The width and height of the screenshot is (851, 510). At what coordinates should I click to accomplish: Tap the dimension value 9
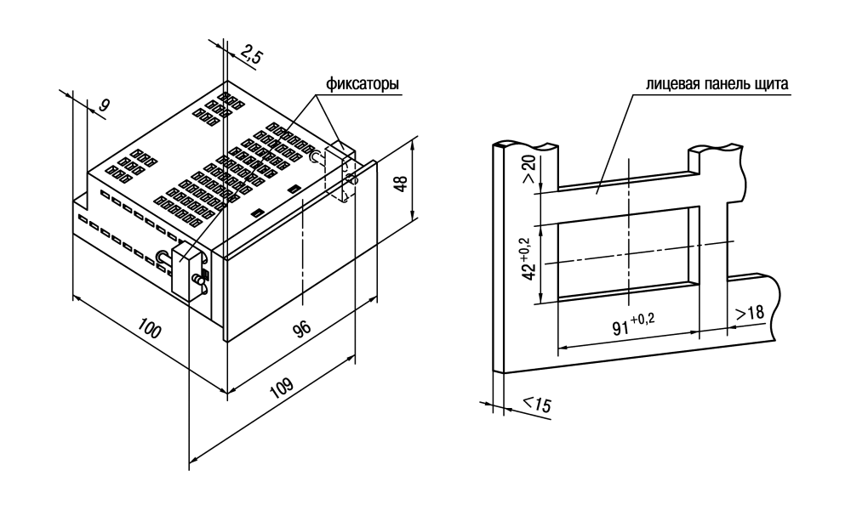pos(103,105)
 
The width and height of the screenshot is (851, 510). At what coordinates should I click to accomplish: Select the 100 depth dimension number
pos(149,328)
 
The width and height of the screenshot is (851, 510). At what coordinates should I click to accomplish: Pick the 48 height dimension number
pos(401,184)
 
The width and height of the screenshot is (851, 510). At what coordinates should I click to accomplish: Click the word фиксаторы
pos(363,84)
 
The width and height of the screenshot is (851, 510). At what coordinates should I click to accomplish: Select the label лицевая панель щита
pos(717,84)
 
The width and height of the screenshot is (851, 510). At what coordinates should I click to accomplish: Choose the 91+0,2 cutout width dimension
pos(633,323)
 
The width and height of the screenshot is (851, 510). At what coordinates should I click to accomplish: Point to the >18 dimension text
pos(750,314)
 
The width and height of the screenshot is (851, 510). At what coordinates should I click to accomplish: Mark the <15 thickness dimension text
pos(537,403)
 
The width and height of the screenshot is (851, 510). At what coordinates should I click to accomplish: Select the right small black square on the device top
pos(294,189)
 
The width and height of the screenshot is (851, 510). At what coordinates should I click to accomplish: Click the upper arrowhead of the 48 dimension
pos(414,143)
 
